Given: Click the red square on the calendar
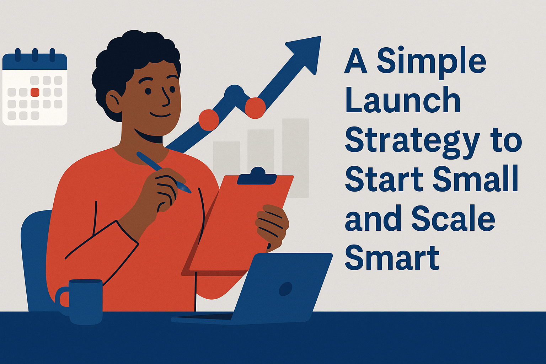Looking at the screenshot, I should click(x=35, y=92).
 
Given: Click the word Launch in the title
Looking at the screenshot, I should click(x=403, y=101).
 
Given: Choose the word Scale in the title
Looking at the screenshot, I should click(x=453, y=219).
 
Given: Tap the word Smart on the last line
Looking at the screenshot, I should click(x=392, y=257).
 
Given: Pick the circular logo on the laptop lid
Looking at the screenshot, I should click(x=285, y=289).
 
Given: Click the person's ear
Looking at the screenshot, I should click(x=113, y=101).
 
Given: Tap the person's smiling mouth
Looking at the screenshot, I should click(x=160, y=115).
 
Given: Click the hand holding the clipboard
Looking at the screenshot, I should click(x=272, y=224).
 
